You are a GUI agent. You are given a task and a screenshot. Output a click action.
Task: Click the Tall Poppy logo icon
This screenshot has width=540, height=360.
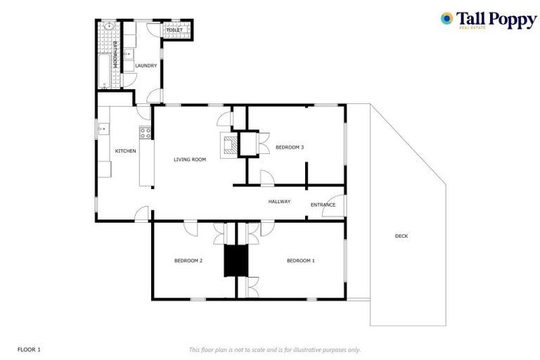(x=446, y=18)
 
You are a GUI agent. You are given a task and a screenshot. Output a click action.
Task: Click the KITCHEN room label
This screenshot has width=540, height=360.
(x=125, y=151)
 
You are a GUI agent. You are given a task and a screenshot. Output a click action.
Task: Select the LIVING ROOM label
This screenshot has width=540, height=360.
(x=190, y=160)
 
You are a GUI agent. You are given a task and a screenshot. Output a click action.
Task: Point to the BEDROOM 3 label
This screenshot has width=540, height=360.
(x=289, y=147)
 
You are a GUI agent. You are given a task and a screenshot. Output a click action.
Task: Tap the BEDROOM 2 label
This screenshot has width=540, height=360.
(x=188, y=261)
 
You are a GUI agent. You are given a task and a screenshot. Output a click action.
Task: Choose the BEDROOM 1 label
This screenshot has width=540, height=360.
(x=300, y=261)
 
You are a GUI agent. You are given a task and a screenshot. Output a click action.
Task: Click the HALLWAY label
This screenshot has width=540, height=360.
(x=279, y=202)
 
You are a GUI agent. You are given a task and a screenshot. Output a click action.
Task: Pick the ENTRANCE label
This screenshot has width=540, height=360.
(x=323, y=205)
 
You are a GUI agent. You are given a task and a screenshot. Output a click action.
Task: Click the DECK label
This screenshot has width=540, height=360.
(x=401, y=236)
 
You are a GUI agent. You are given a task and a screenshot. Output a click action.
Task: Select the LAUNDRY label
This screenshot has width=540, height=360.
(x=146, y=66)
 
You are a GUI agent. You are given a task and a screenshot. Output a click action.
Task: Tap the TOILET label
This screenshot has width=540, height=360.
(x=174, y=30)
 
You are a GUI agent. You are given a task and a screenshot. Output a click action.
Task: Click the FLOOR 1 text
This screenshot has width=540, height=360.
(x=29, y=349)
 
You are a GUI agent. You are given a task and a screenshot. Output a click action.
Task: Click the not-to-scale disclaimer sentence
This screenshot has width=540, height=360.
(x=274, y=349)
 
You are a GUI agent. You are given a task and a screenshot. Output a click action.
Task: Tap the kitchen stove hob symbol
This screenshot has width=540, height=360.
(x=146, y=131)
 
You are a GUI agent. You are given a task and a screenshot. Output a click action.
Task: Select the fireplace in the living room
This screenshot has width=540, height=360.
(x=229, y=145)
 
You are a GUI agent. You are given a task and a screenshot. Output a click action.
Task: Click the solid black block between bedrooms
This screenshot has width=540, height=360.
(x=236, y=261)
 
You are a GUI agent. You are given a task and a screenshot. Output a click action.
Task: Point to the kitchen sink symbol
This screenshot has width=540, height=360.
(x=103, y=129)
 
